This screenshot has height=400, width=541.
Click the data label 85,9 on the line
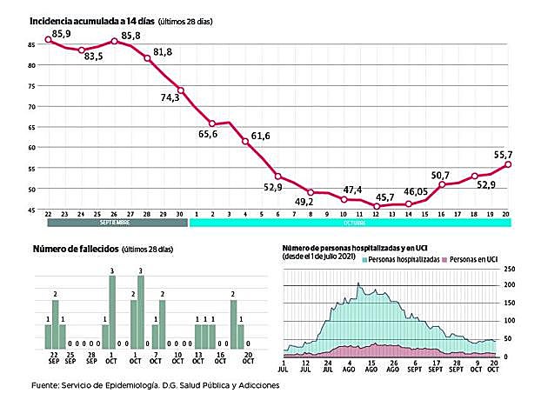point(63,33)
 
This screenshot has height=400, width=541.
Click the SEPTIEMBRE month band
point(115,223)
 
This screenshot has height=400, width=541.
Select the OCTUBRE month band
point(350,223)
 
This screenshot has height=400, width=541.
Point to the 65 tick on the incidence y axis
point(32,127)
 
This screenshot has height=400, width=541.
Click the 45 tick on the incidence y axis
point(32,210)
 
